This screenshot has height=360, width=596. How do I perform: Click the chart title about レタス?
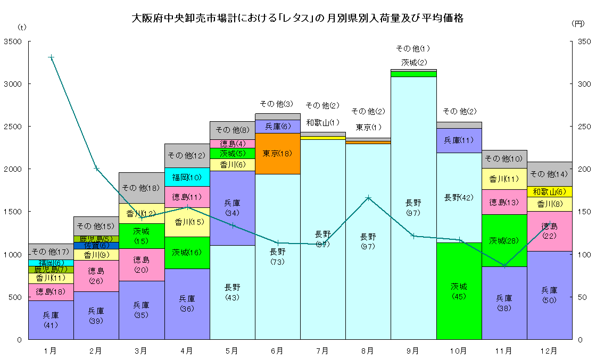point(297,19)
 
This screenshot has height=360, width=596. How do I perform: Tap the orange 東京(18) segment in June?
point(277,154)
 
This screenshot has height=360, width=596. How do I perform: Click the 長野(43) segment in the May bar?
point(232,292)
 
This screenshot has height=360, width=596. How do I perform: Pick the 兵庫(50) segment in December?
point(549,295)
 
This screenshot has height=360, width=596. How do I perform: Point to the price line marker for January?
point(51,57)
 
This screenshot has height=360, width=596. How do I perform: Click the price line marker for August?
point(368,198)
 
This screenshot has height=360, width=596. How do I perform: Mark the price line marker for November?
point(504,265)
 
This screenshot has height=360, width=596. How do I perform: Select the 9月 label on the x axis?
point(413,351)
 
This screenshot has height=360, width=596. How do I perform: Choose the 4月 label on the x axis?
point(186,351)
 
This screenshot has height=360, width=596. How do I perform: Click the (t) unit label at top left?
point(21,26)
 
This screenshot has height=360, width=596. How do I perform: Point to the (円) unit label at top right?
point(578,23)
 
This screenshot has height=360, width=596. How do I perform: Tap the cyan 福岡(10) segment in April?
point(187,177)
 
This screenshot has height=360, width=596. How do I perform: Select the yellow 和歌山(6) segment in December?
point(549,191)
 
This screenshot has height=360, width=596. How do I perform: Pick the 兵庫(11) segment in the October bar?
point(459,140)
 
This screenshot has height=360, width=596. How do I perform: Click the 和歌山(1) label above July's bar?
point(322,122)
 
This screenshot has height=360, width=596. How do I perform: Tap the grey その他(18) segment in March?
point(141,188)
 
